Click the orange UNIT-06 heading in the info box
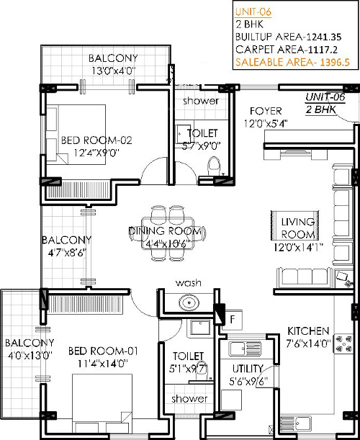[x=253, y=12]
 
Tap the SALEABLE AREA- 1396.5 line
[x=292, y=62]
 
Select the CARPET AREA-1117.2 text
[x=287, y=50]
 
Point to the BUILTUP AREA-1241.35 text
[x=289, y=37]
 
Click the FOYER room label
[x=266, y=111]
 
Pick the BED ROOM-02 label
[x=96, y=140]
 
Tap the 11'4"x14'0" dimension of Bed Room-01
[x=103, y=364]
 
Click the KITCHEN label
[x=308, y=331]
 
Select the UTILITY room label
[x=248, y=369]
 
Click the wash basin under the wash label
[x=189, y=302]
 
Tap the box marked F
[x=233, y=320]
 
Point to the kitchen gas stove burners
[x=343, y=344]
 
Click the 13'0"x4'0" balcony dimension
[x=113, y=71]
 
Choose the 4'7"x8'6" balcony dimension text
[x=67, y=253]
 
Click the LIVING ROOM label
[x=297, y=228]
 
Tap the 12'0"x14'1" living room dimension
[x=298, y=248]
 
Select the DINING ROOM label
[x=166, y=231]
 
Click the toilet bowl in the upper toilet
[x=214, y=166]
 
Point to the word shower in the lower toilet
[x=189, y=398]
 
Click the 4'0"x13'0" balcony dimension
[x=30, y=356]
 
